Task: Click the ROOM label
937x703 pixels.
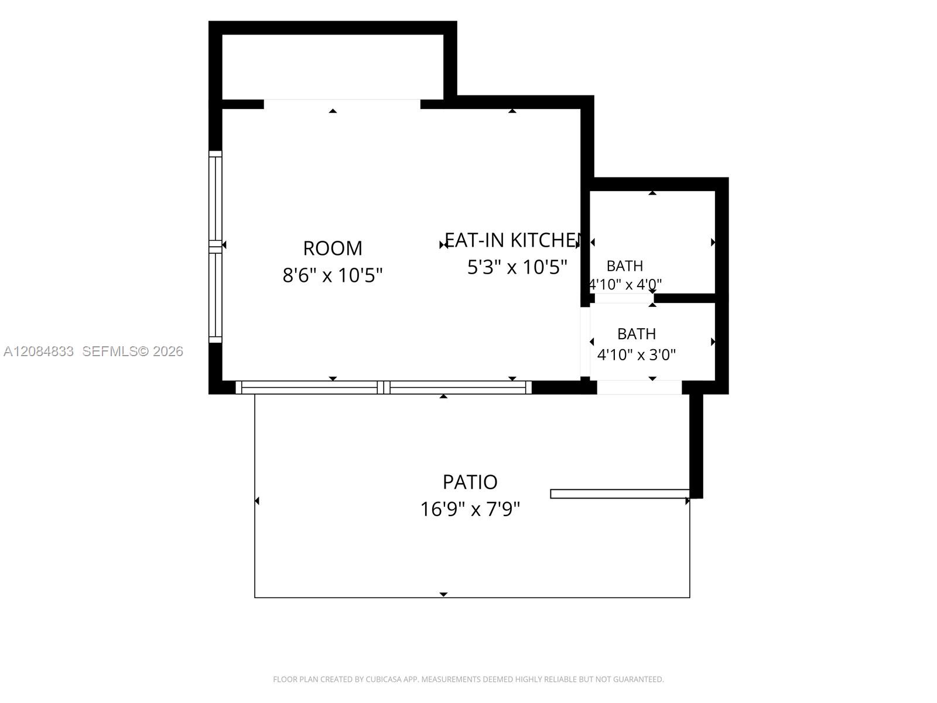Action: pos(333,248)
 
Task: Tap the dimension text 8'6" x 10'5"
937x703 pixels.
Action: pos(333,275)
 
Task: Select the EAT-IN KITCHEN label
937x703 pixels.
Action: pos(512,240)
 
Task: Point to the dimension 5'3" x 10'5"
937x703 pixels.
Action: pos(517,267)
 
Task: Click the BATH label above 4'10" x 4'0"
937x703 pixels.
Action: pos(624,266)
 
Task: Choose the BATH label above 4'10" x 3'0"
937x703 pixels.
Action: pos(637,334)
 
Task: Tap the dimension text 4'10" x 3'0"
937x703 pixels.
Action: pos(636,354)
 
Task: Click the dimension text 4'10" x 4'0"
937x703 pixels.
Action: pos(625,284)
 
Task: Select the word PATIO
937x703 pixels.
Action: pos(470,482)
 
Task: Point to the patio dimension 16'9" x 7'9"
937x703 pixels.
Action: pos(470,509)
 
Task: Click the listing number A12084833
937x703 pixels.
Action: pos(39,351)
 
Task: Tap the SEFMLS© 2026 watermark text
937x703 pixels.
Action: pos(132,351)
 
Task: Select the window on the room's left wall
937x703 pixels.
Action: pos(215,247)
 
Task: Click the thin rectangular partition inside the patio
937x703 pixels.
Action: pos(620,494)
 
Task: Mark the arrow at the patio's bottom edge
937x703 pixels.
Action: pos(443,595)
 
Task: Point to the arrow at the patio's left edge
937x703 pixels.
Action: pos(257,501)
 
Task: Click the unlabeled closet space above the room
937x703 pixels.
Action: pos(333,67)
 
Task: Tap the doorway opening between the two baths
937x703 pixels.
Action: pos(624,298)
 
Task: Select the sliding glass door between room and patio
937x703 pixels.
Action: pos(384,388)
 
